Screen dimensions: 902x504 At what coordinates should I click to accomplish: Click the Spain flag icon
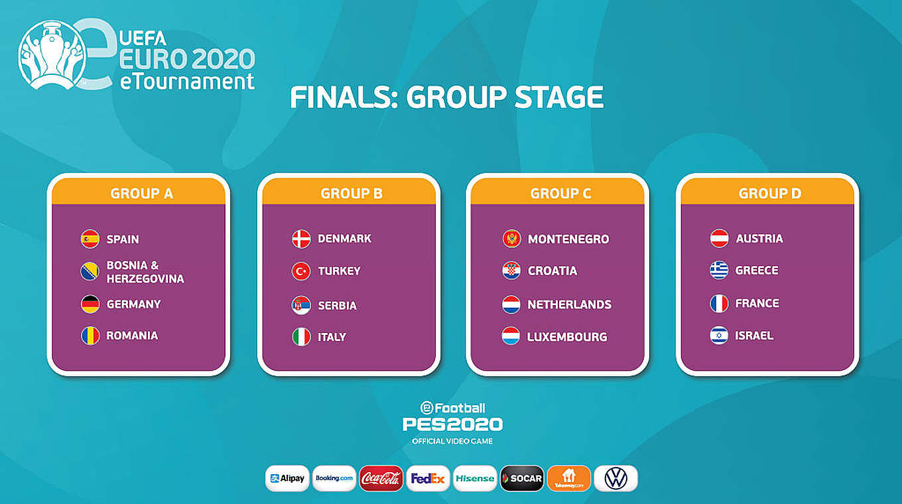(90, 239)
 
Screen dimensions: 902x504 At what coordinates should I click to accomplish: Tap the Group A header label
(142, 193)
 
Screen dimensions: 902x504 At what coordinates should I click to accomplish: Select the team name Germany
(134, 304)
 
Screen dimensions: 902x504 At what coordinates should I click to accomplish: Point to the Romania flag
(90, 336)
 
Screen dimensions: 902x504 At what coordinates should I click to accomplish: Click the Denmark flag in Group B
(301, 239)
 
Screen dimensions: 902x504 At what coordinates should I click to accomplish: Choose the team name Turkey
(339, 271)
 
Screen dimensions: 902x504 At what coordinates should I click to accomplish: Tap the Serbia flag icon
(301, 306)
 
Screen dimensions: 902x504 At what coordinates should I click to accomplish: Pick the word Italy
(332, 337)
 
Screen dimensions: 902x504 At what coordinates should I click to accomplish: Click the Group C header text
(560, 193)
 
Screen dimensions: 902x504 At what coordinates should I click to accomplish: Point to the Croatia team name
(552, 271)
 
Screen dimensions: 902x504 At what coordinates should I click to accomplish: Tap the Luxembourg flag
(511, 336)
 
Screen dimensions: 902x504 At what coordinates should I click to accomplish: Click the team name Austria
(759, 239)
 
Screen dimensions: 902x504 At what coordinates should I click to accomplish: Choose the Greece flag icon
(719, 270)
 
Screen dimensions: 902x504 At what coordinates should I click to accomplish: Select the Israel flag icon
(719, 336)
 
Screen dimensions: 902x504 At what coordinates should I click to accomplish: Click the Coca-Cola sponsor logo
(381, 479)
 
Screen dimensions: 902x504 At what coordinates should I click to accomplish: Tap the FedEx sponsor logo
(428, 479)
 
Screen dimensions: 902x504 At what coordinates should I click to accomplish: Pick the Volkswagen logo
(615, 479)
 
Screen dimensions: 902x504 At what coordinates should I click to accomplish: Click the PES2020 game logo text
(452, 424)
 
